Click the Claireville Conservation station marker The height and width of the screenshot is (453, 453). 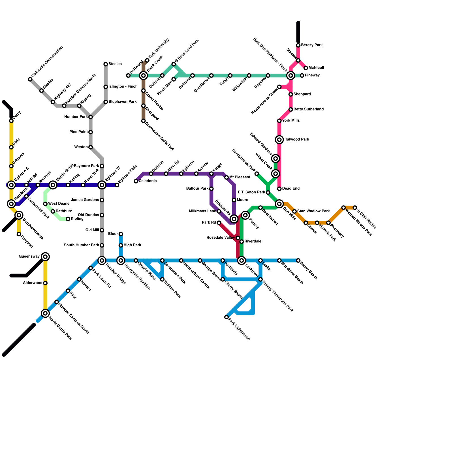[30, 79]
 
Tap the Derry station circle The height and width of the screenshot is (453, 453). [11, 121]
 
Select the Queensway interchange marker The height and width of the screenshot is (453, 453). [45, 257]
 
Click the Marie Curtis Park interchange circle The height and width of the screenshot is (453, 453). [45, 313]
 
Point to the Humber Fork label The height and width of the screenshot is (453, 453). [76, 117]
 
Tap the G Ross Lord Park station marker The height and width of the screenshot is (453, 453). [174, 64]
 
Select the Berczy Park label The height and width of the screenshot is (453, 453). [312, 45]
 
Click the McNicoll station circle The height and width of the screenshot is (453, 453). [306, 68]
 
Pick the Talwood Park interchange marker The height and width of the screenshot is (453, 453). [279, 140]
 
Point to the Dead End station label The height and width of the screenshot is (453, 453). [291, 189]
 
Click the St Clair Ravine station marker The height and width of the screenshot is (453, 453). [355, 208]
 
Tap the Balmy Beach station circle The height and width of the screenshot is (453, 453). [298, 260]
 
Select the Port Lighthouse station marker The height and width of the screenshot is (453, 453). [226, 317]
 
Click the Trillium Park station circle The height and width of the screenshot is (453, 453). [162, 279]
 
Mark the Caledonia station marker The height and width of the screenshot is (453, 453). [136, 181]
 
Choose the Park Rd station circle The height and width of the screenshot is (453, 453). [219, 223]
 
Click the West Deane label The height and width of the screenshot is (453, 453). [59, 204]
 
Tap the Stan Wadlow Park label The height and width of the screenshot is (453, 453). [313, 211]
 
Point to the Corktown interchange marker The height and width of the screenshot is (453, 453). [242, 260]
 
